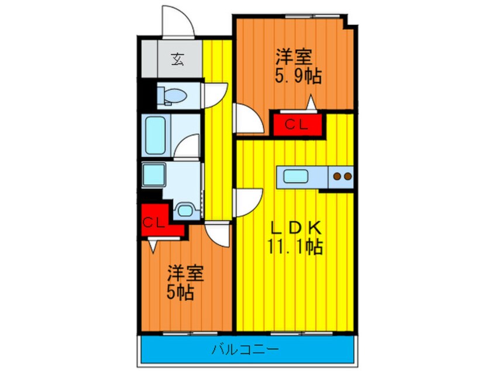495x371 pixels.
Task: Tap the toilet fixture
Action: (x=172, y=95)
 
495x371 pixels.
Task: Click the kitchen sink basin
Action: (x=297, y=176)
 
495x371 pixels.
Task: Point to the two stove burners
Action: (x=341, y=176)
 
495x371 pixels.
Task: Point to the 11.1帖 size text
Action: (x=295, y=248)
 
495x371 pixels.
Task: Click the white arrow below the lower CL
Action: (x=153, y=246)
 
